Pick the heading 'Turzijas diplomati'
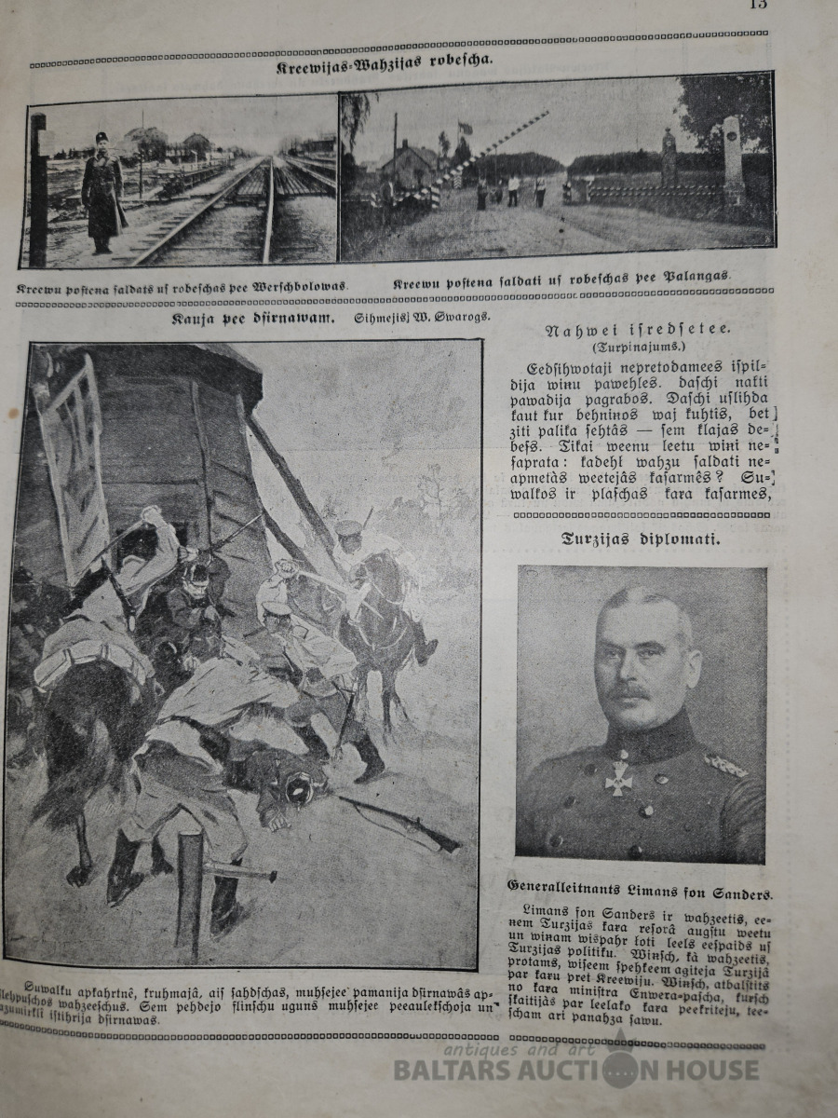(x=641, y=538)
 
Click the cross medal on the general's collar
(x=617, y=777)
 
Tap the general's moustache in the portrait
(x=631, y=694)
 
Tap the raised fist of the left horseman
(x=148, y=514)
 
